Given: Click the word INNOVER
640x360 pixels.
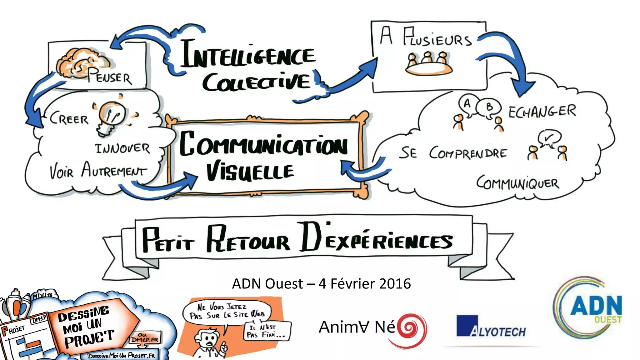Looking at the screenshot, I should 122,148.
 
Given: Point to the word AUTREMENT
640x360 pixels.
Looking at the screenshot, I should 114,171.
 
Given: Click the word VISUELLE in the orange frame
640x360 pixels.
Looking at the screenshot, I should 250,172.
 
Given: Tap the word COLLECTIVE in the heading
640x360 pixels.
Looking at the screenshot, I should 256,82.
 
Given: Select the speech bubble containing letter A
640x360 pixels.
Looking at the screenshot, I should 467,104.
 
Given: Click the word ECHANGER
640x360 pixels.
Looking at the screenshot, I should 542,112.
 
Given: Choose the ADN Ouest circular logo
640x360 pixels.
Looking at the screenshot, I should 587,308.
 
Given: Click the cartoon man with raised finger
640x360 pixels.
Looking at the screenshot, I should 208,342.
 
